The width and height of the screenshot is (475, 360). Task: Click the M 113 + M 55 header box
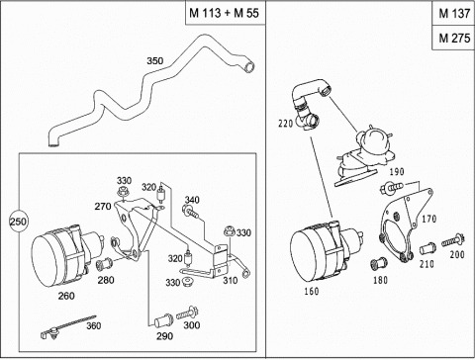[225, 13]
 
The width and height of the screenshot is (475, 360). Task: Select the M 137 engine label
[454, 13]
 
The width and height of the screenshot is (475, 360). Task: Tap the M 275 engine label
[454, 38]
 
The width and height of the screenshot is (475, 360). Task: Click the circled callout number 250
[18, 222]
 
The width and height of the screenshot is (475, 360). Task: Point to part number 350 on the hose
[155, 61]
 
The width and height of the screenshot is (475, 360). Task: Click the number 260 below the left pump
[66, 296]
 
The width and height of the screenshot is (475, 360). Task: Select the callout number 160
[312, 292]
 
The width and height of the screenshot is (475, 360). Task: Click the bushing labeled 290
[163, 321]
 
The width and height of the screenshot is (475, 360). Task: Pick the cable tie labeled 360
[67, 327]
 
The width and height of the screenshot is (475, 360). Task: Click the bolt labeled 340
[191, 212]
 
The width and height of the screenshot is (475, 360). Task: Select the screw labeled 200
[453, 241]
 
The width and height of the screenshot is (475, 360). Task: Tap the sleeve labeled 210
[427, 248]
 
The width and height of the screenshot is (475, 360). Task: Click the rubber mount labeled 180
[379, 263]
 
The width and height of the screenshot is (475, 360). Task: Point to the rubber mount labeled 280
[104, 264]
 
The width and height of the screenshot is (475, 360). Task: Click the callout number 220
[286, 124]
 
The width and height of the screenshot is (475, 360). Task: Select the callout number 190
[397, 172]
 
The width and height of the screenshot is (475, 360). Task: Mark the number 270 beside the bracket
[103, 207]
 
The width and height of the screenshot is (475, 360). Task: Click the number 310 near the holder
[230, 281]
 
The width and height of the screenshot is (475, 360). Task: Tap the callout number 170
[429, 219]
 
